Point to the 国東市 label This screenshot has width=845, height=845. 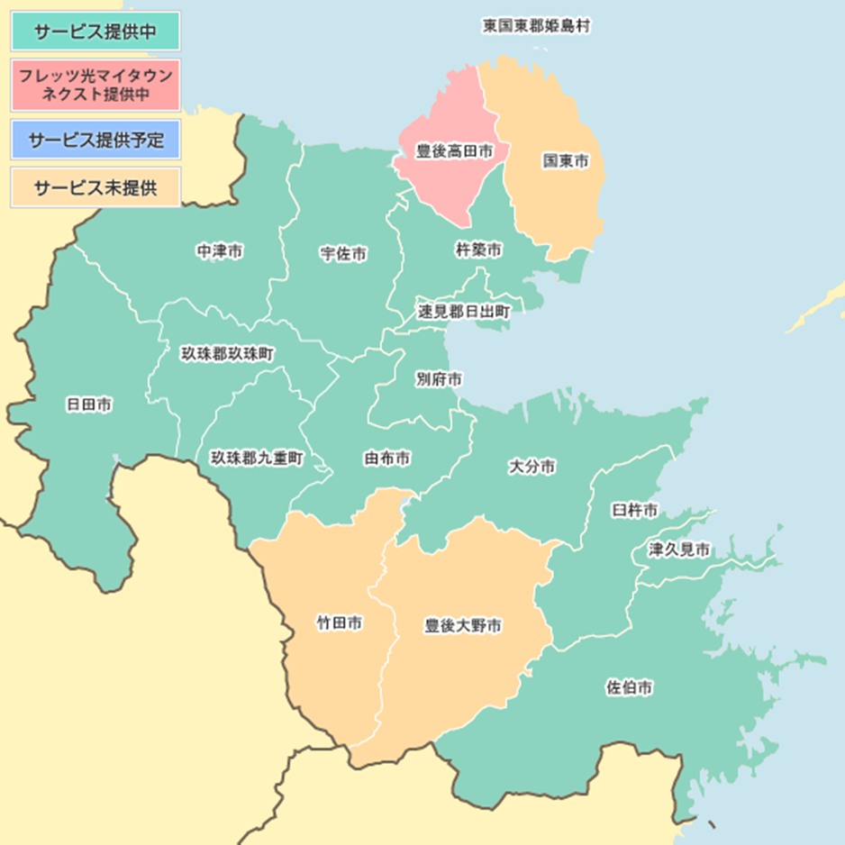(565, 161)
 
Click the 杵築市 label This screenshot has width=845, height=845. (478, 250)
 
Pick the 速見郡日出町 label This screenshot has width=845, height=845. (464, 311)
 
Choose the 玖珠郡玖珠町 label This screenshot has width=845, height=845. (229, 353)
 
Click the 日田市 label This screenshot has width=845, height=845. (89, 404)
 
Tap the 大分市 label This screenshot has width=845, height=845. (532, 467)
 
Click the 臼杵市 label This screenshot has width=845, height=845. (634, 511)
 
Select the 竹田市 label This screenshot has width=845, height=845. (339, 623)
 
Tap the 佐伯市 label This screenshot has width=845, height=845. (629, 688)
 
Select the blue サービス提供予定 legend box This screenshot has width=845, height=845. (95, 140)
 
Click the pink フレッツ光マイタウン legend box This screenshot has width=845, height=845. (95, 86)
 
